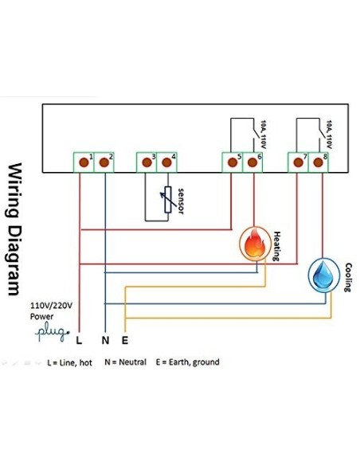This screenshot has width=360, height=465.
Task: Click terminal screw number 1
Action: (x=83, y=162)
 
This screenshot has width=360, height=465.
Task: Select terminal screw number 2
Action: (x=103, y=162)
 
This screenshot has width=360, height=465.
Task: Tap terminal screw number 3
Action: (x=147, y=162)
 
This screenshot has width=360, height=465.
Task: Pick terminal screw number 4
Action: (x=166, y=162)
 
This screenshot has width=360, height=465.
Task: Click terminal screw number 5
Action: (x=233, y=162)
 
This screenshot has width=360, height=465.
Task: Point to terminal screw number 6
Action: (x=253, y=162)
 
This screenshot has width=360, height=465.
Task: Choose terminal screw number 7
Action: (x=299, y=162)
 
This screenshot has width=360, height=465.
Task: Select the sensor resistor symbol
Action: (x=166, y=200)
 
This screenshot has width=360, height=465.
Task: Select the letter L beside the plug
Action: (x=78, y=340)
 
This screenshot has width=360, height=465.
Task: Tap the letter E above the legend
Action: (x=126, y=340)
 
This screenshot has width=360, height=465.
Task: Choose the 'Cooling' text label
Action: (x=348, y=276)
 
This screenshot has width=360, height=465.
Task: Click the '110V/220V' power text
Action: (x=52, y=305)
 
